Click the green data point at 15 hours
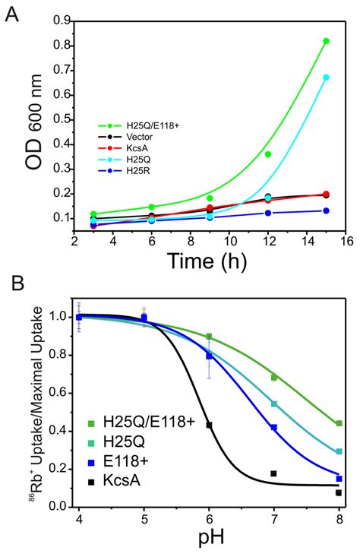point(326,41)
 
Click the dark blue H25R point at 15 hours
point(326,210)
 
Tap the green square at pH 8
point(339,423)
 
